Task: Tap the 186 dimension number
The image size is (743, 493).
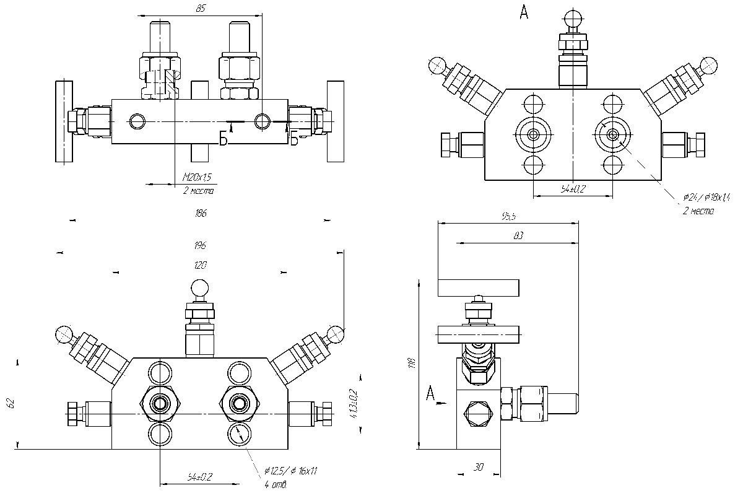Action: pos(200,213)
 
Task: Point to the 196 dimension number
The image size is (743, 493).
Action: pos(200,246)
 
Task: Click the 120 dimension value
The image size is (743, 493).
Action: pos(199,265)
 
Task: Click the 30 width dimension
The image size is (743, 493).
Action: pos(478,468)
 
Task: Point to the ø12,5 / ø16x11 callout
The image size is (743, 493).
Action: pos(291,472)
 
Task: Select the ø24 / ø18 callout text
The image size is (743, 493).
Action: pos(706,197)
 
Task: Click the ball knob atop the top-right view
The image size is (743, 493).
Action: pos(573,17)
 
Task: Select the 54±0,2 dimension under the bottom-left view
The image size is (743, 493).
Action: pos(200,477)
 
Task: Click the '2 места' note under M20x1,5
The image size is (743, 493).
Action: pos(198,191)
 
